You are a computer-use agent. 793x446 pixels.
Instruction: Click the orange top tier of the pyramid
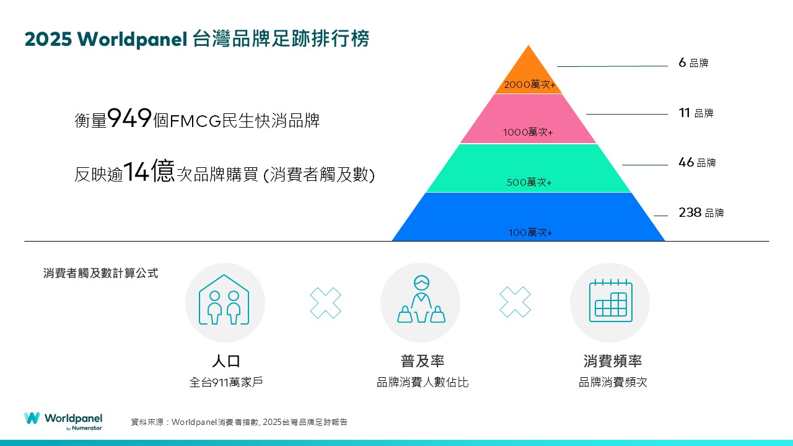528,74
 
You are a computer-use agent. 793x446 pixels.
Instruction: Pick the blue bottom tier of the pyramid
528,217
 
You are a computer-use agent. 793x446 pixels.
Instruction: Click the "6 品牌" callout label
693,63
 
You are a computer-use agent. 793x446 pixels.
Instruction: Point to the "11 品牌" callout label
696,113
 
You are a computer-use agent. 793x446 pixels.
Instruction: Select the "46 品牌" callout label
697,162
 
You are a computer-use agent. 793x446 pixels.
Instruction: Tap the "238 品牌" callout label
701,212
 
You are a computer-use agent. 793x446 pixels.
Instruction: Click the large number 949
129,118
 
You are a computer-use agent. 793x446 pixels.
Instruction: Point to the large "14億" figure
149,171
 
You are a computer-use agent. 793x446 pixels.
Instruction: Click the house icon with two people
224,300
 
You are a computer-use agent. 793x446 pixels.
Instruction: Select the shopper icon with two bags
421,299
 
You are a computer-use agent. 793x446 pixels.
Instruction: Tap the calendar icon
611,300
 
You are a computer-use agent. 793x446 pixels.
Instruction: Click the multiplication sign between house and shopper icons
325,303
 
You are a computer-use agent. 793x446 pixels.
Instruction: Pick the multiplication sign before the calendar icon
515,302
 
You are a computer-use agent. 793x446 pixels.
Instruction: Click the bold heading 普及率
423,361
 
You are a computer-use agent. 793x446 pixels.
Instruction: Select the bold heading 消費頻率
613,361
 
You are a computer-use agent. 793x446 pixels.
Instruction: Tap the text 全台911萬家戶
226,382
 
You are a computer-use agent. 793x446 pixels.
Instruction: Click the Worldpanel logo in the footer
63,421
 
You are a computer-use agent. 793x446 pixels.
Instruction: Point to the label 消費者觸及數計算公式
100,273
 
